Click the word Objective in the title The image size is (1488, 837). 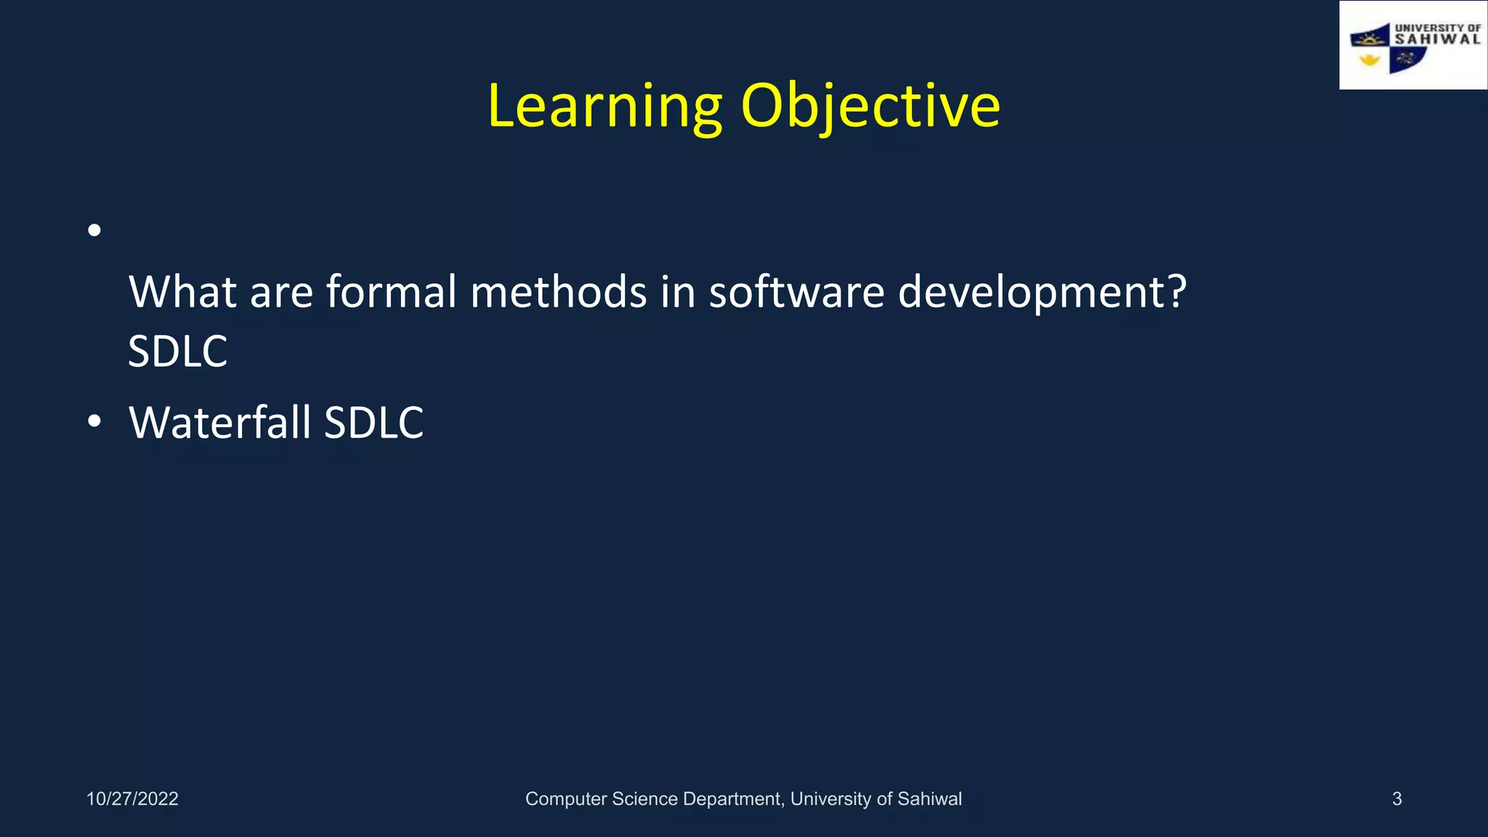coord(870,106)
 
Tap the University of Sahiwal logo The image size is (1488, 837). coord(1412,46)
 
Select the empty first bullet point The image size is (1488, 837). coord(94,231)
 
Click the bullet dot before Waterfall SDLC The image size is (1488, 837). coord(94,421)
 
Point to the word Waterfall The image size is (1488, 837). coord(220,422)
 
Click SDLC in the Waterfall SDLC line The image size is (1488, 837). coord(373,422)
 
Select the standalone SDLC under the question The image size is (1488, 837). coord(177,352)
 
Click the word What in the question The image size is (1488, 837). coord(183,291)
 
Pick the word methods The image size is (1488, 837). coord(558,291)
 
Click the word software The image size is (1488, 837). coord(796,291)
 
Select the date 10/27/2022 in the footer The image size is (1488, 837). coord(132,798)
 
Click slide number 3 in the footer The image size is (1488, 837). coord(1396,798)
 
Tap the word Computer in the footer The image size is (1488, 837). coord(565,798)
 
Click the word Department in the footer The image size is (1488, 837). coord(732,798)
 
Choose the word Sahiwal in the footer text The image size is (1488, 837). coord(929,798)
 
